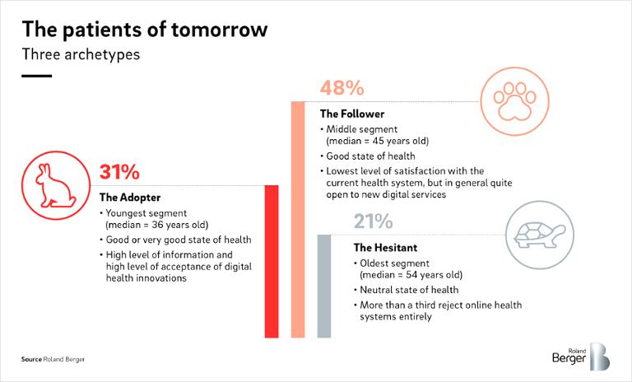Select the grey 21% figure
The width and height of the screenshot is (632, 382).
(x=374, y=221)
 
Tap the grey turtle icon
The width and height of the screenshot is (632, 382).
(x=538, y=231)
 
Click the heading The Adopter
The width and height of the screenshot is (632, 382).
(x=129, y=198)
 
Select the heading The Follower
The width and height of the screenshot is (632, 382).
(x=352, y=114)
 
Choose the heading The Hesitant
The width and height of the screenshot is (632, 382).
(x=385, y=247)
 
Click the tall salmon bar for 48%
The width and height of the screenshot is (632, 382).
(x=297, y=219)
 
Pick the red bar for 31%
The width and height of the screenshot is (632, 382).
(x=271, y=261)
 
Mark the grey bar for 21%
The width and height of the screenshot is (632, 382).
(x=324, y=286)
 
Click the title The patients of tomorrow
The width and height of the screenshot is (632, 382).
(x=144, y=30)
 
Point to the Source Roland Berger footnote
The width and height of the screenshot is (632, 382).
(x=53, y=360)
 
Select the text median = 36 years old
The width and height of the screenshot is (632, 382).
(x=157, y=224)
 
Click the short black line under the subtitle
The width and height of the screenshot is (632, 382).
(x=36, y=76)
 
